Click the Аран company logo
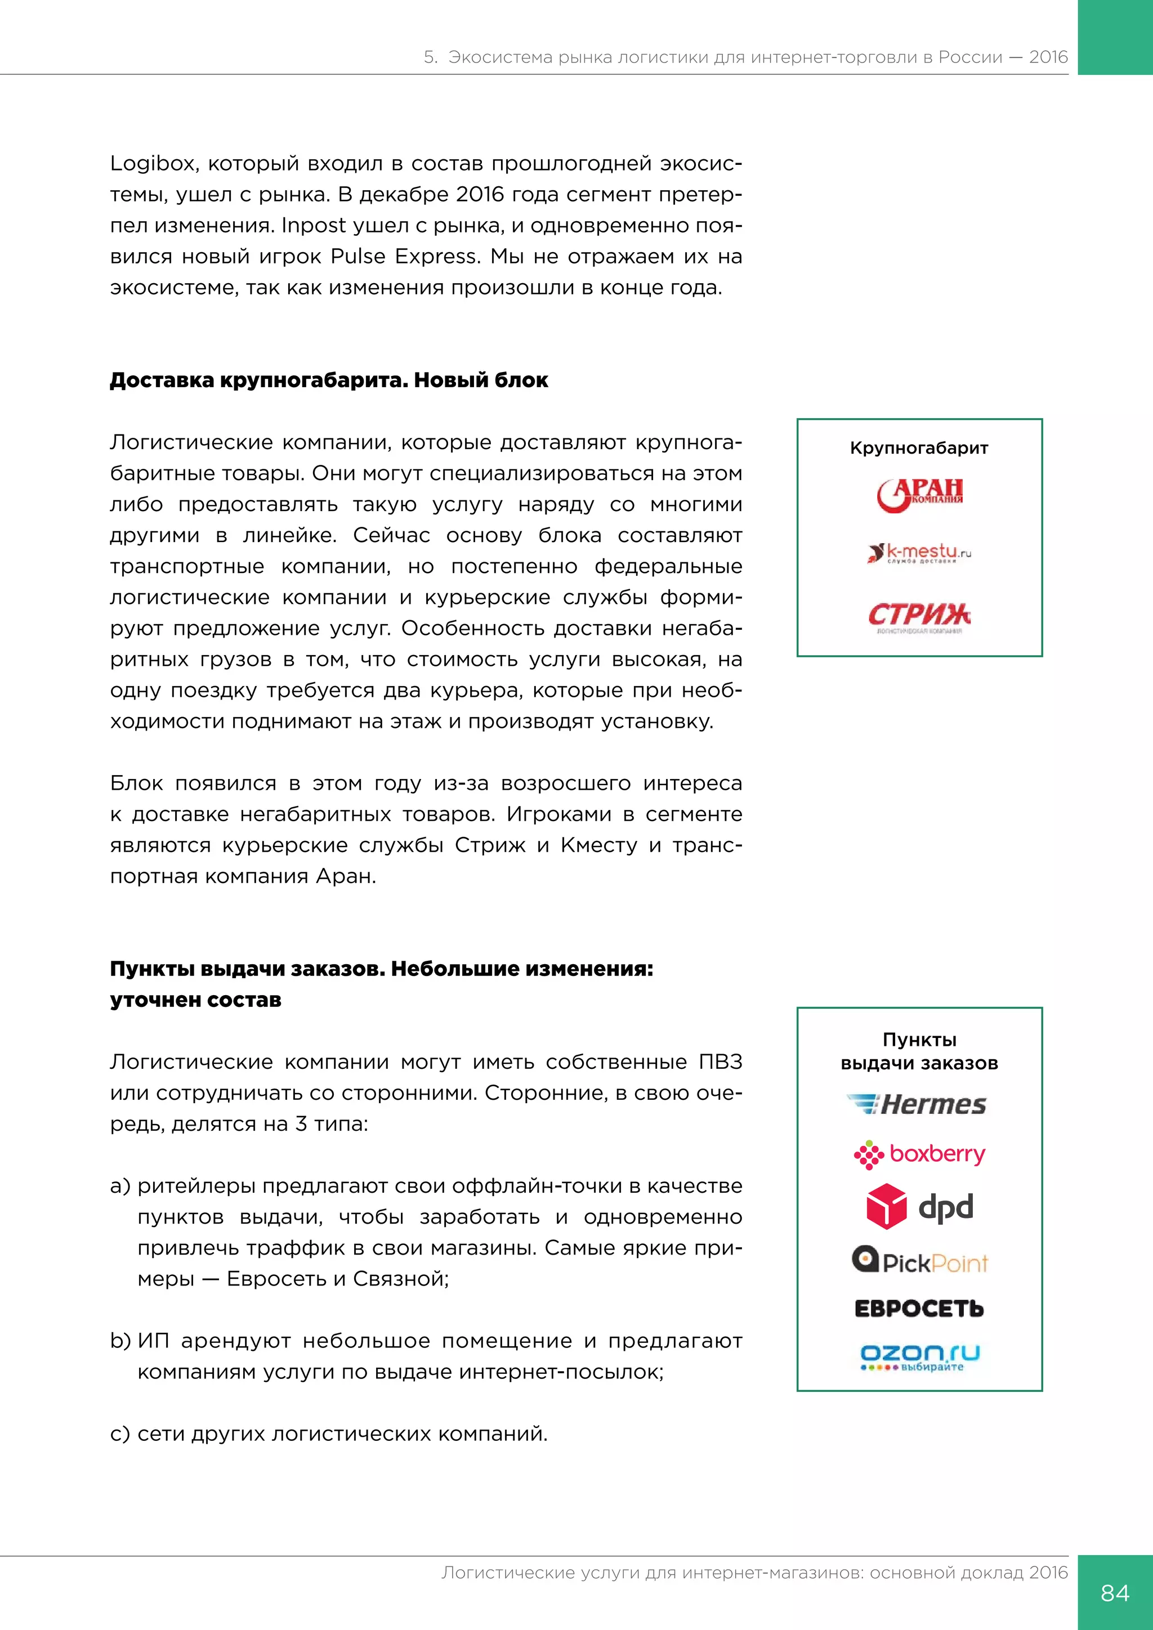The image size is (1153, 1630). click(x=919, y=494)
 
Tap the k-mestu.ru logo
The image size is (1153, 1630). click(x=919, y=552)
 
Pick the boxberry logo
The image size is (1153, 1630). click(x=919, y=1154)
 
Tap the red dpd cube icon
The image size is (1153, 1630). click(x=886, y=1206)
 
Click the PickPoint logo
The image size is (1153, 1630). click(x=919, y=1261)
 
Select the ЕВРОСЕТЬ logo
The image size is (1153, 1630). click(x=919, y=1309)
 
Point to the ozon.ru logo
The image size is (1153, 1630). click(x=919, y=1356)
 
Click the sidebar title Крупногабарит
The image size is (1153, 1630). click(x=919, y=448)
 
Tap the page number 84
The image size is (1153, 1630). click(x=1115, y=1592)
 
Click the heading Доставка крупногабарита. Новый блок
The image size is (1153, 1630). click(x=329, y=380)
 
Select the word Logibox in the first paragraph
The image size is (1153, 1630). click(x=152, y=164)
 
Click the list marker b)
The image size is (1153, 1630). click(x=120, y=1341)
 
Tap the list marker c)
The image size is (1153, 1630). click(x=120, y=1434)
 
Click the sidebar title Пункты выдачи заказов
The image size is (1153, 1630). click(x=919, y=1051)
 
